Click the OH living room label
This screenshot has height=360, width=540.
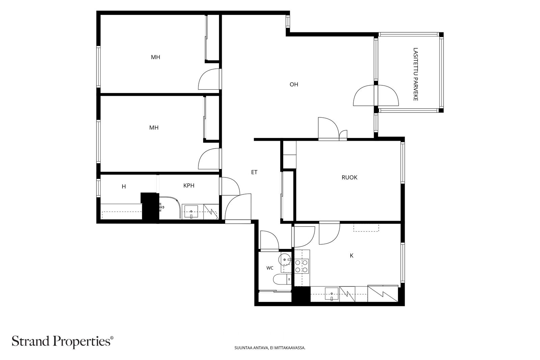click(x=294, y=84)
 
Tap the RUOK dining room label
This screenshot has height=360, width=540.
click(x=349, y=177)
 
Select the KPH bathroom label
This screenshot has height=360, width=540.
click(x=189, y=186)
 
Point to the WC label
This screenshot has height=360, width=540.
click(x=270, y=268)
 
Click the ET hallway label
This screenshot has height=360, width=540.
click(x=254, y=172)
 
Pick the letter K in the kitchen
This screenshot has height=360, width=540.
click(x=351, y=256)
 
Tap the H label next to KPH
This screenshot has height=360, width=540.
click(x=124, y=187)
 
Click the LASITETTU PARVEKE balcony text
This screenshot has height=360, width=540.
click(x=415, y=74)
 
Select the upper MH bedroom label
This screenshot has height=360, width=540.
click(x=156, y=57)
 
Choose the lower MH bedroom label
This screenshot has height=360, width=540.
click(x=154, y=128)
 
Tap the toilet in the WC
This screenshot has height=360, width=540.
click(x=282, y=279)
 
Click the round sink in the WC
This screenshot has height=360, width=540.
click(x=285, y=260)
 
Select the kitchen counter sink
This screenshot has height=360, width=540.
click(x=332, y=294)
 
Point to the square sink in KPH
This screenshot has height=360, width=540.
click(x=191, y=212)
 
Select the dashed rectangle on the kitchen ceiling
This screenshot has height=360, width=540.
click(x=366, y=228)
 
